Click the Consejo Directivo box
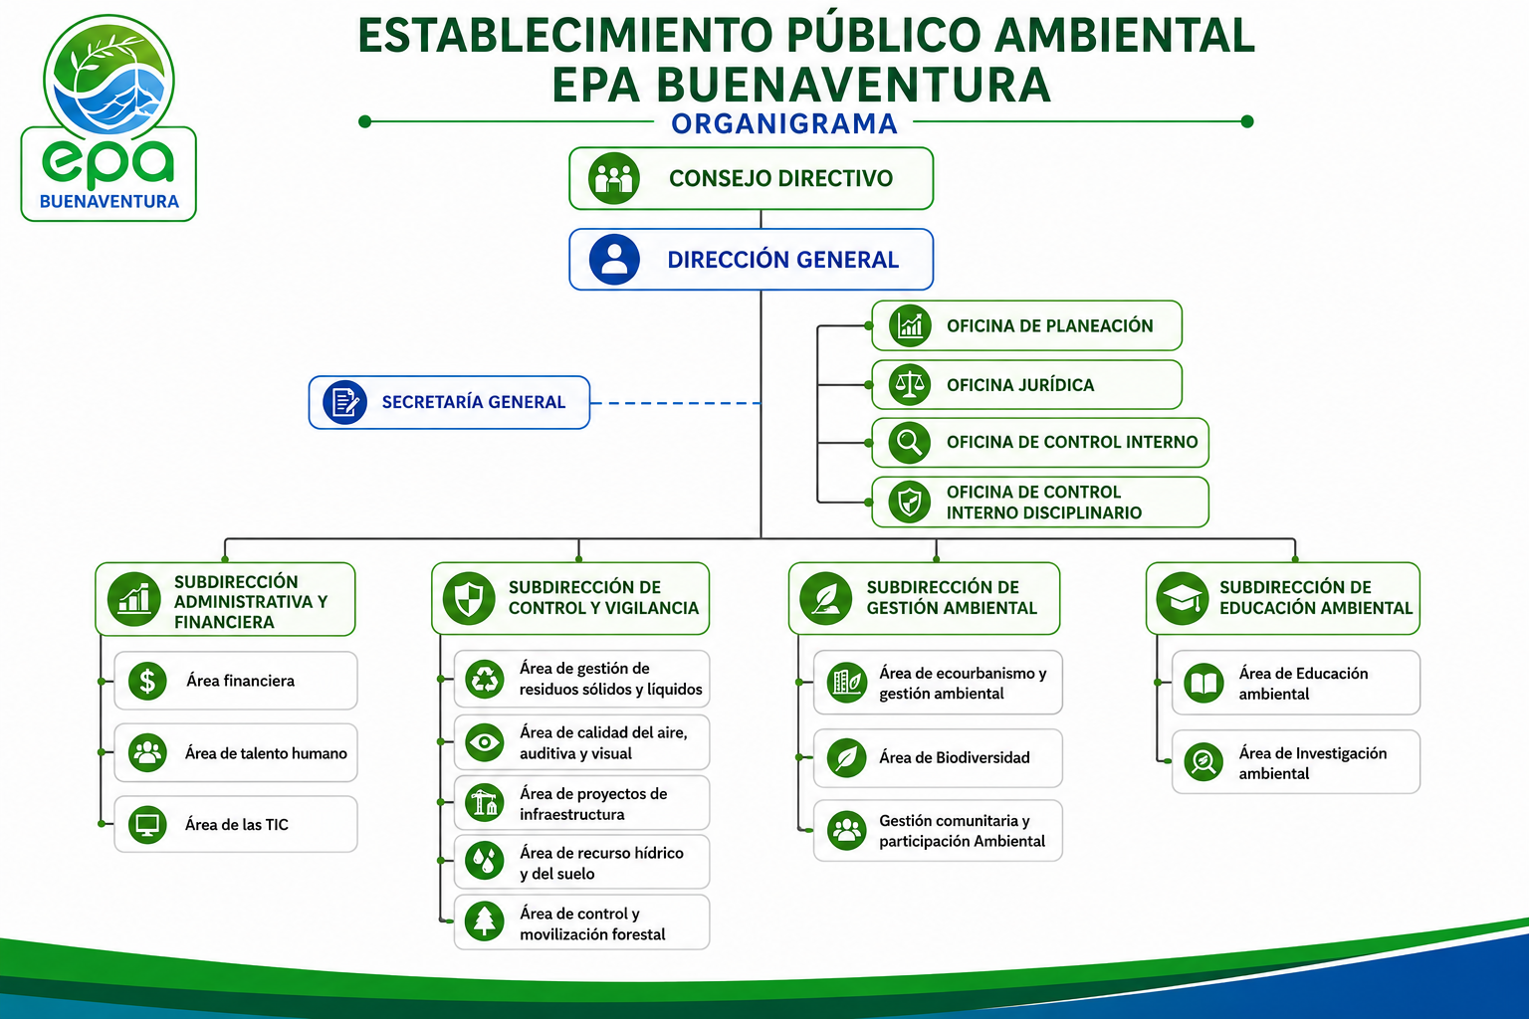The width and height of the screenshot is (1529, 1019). (x=751, y=178)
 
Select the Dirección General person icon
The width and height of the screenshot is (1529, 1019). (x=614, y=260)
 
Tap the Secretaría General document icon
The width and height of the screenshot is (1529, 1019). (x=344, y=402)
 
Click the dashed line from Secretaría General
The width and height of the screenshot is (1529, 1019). (x=675, y=403)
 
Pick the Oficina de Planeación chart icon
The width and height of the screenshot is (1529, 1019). (x=910, y=325)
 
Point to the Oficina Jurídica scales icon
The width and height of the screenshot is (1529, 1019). (x=910, y=384)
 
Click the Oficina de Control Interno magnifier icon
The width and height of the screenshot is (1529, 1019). (x=910, y=442)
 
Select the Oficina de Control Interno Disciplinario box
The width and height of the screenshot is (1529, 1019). (x=1040, y=503)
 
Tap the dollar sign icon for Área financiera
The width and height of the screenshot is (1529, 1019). (x=147, y=681)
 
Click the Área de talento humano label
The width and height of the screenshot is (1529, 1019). (x=266, y=753)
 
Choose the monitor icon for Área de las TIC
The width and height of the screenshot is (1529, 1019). (x=147, y=825)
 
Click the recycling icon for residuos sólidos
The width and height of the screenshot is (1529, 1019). (x=485, y=679)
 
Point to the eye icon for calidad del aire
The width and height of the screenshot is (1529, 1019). (x=485, y=742)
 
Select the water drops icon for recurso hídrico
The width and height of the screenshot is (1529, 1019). (x=485, y=861)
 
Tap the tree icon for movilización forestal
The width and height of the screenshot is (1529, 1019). (x=485, y=920)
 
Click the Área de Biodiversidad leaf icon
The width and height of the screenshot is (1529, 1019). (x=847, y=757)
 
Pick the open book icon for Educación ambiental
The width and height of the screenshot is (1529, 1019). (x=1203, y=683)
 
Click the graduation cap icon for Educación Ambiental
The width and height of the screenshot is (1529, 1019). (x=1183, y=599)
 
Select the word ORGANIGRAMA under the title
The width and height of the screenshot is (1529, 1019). (x=784, y=123)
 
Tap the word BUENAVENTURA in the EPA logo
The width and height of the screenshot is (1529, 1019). (x=109, y=201)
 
